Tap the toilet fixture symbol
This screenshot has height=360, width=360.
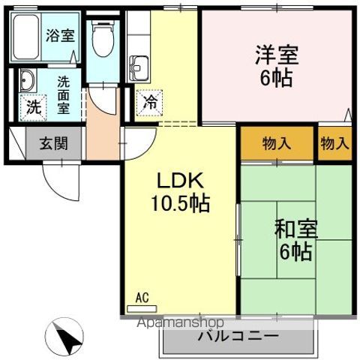coord(101,37)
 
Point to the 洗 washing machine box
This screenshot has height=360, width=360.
coord(34,107)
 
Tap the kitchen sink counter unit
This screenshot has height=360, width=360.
coord(139,67)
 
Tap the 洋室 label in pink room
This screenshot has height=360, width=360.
coord(277,55)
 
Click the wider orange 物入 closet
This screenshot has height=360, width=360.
coord(276,142)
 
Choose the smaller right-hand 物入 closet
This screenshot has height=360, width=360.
coord(334,142)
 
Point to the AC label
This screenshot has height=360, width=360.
coord(142,298)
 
